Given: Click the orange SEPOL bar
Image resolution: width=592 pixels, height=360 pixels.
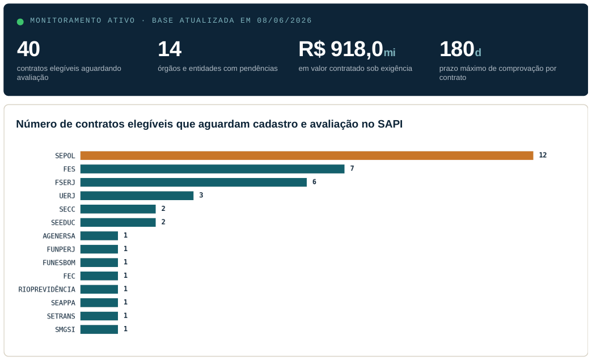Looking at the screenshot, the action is tap(307, 155).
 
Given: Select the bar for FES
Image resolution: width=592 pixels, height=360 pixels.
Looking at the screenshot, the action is tap(212, 169).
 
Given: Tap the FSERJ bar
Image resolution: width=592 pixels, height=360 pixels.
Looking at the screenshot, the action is tap(193, 182).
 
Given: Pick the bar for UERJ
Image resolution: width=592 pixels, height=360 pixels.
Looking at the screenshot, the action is tap(137, 196).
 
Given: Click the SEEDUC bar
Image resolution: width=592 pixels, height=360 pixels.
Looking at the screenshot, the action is tap(118, 222).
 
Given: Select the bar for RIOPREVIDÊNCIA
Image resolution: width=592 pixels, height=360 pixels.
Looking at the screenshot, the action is tap(99, 289).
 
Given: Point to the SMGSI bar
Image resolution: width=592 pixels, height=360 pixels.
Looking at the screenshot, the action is tap(99, 329).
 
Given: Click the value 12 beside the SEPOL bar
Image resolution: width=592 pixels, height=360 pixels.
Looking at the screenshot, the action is tap(543, 155).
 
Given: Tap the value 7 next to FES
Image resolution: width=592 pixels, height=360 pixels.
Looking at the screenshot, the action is tap(352, 168).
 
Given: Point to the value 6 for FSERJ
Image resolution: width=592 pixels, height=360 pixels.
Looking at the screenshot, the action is tap(314, 182).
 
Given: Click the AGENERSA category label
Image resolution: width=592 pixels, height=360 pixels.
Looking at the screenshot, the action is tap(59, 236).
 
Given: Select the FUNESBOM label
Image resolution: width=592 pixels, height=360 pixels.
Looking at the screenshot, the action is tap(59, 262).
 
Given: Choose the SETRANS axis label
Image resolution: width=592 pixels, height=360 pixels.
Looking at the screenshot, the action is tap(61, 316).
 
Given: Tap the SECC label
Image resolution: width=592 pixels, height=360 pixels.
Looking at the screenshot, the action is tap(67, 209).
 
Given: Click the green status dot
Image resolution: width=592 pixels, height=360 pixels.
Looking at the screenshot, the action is tap(20, 22).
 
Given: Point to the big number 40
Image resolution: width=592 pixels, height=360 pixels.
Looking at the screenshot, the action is tap(28, 49).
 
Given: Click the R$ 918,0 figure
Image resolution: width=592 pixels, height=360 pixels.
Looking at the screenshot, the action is tap(341, 49).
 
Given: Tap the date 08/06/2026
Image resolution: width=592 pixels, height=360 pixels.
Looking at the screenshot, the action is tap(284, 20).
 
